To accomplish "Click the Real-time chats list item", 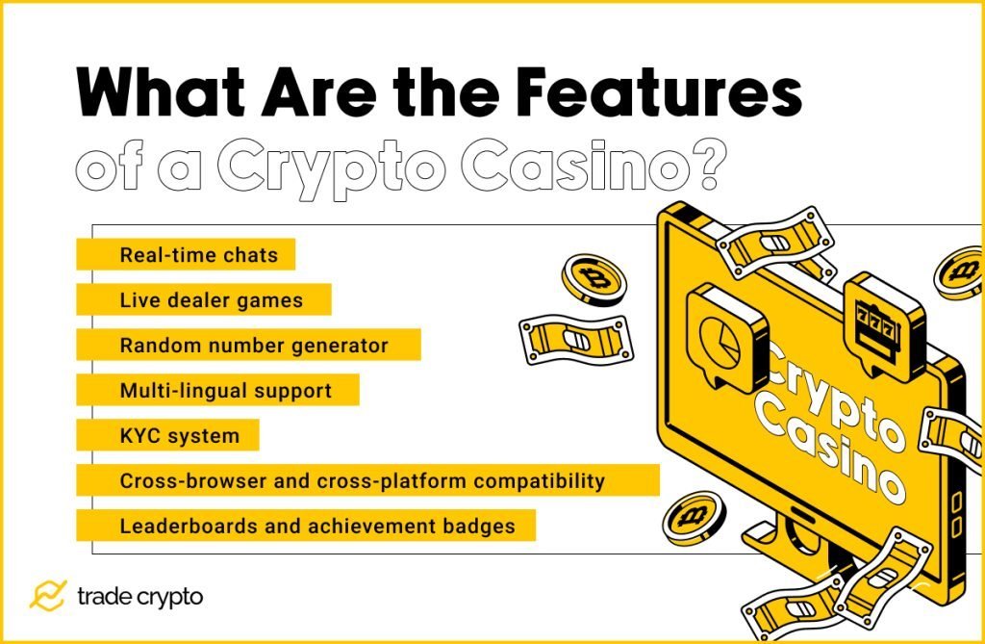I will tap(198, 256).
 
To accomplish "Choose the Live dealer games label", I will tap(211, 300).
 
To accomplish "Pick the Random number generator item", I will tap(254, 345).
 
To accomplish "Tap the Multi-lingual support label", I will tap(225, 391).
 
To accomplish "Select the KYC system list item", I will tap(179, 436).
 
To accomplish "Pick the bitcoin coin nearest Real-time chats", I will tap(594, 278).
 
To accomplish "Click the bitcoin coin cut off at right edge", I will tap(961, 272).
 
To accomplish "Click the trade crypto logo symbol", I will tap(47, 597).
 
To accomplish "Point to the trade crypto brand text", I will tap(139, 597).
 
